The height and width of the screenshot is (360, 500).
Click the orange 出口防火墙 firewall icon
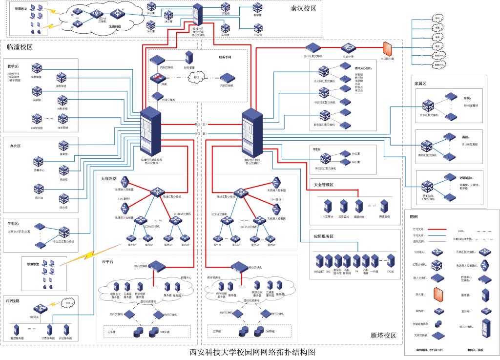(389, 48)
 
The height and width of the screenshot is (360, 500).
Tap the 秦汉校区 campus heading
(304, 8)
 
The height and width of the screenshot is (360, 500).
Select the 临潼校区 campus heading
(20, 47)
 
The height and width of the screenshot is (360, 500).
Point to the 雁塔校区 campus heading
(383, 336)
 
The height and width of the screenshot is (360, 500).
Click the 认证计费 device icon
(348, 47)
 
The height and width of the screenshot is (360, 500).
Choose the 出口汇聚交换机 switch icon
(312, 47)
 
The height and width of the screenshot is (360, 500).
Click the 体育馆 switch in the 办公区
(63, 146)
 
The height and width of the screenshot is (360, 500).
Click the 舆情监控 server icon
(384, 205)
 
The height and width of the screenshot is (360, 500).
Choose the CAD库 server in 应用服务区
(390, 259)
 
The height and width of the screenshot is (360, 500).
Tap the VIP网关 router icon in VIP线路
(40, 309)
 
